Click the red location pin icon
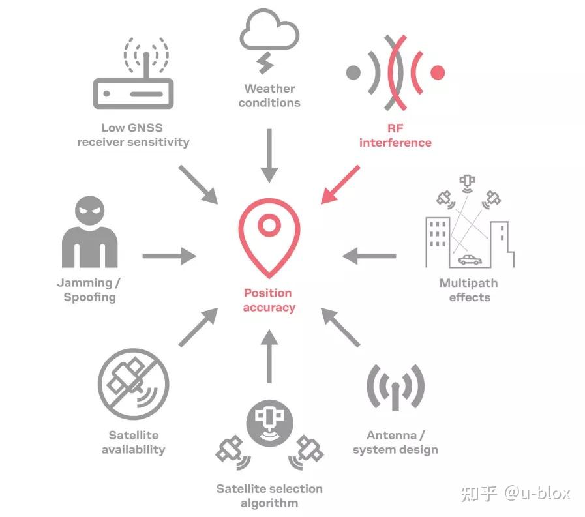click(x=267, y=237)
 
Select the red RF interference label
click(x=395, y=135)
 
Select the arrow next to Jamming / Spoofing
click(x=168, y=256)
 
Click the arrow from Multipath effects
click(x=368, y=256)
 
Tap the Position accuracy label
click(x=269, y=300)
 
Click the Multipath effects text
click(x=468, y=290)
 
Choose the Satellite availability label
click(x=133, y=442)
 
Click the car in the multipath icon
click(x=469, y=260)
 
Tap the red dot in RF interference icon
click(x=438, y=72)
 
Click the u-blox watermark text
click(x=515, y=494)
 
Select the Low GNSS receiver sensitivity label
click(x=133, y=135)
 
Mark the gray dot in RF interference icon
click(x=353, y=72)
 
